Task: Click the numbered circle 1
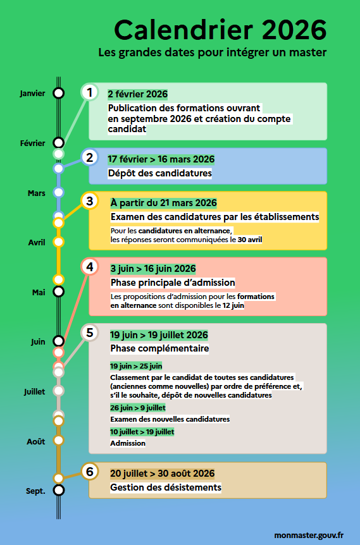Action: click(90, 92)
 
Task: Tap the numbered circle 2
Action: click(90, 158)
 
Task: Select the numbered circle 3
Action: click(90, 201)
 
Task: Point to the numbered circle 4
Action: click(90, 267)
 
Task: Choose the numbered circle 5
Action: click(90, 333)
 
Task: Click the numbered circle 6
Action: click(90, 472)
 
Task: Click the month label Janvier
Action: click(33, 94)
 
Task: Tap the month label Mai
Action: click(39, 292)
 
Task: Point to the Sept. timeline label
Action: click(35, 491)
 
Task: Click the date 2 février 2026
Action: click(137, 94)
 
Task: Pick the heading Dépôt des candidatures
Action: click(159, 173)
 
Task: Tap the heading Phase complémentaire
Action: click(159, 348)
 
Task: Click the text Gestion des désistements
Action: click(166, 487)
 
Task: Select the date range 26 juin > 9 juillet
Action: click(137, 408)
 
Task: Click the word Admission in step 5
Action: click(127, 443)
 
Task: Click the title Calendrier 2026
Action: click(220, 29)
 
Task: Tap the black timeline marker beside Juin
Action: click(59, 341)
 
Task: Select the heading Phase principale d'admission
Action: click(173, 283)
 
